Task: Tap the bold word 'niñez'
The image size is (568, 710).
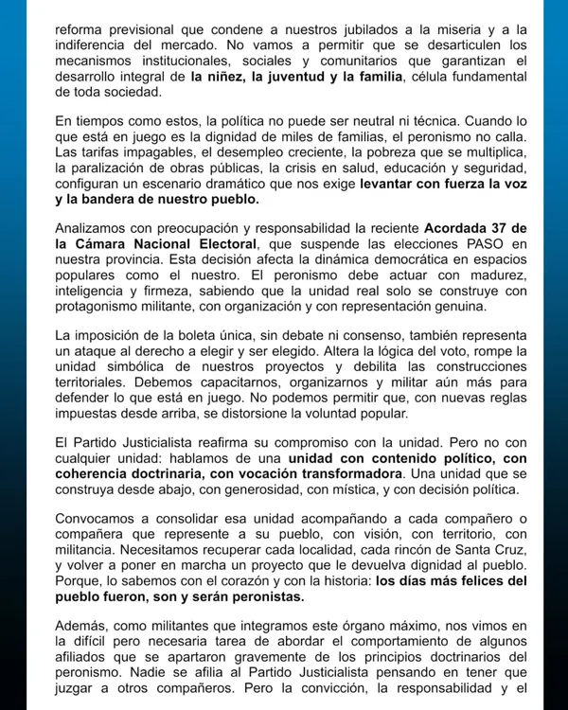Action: tap(231, 76)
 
